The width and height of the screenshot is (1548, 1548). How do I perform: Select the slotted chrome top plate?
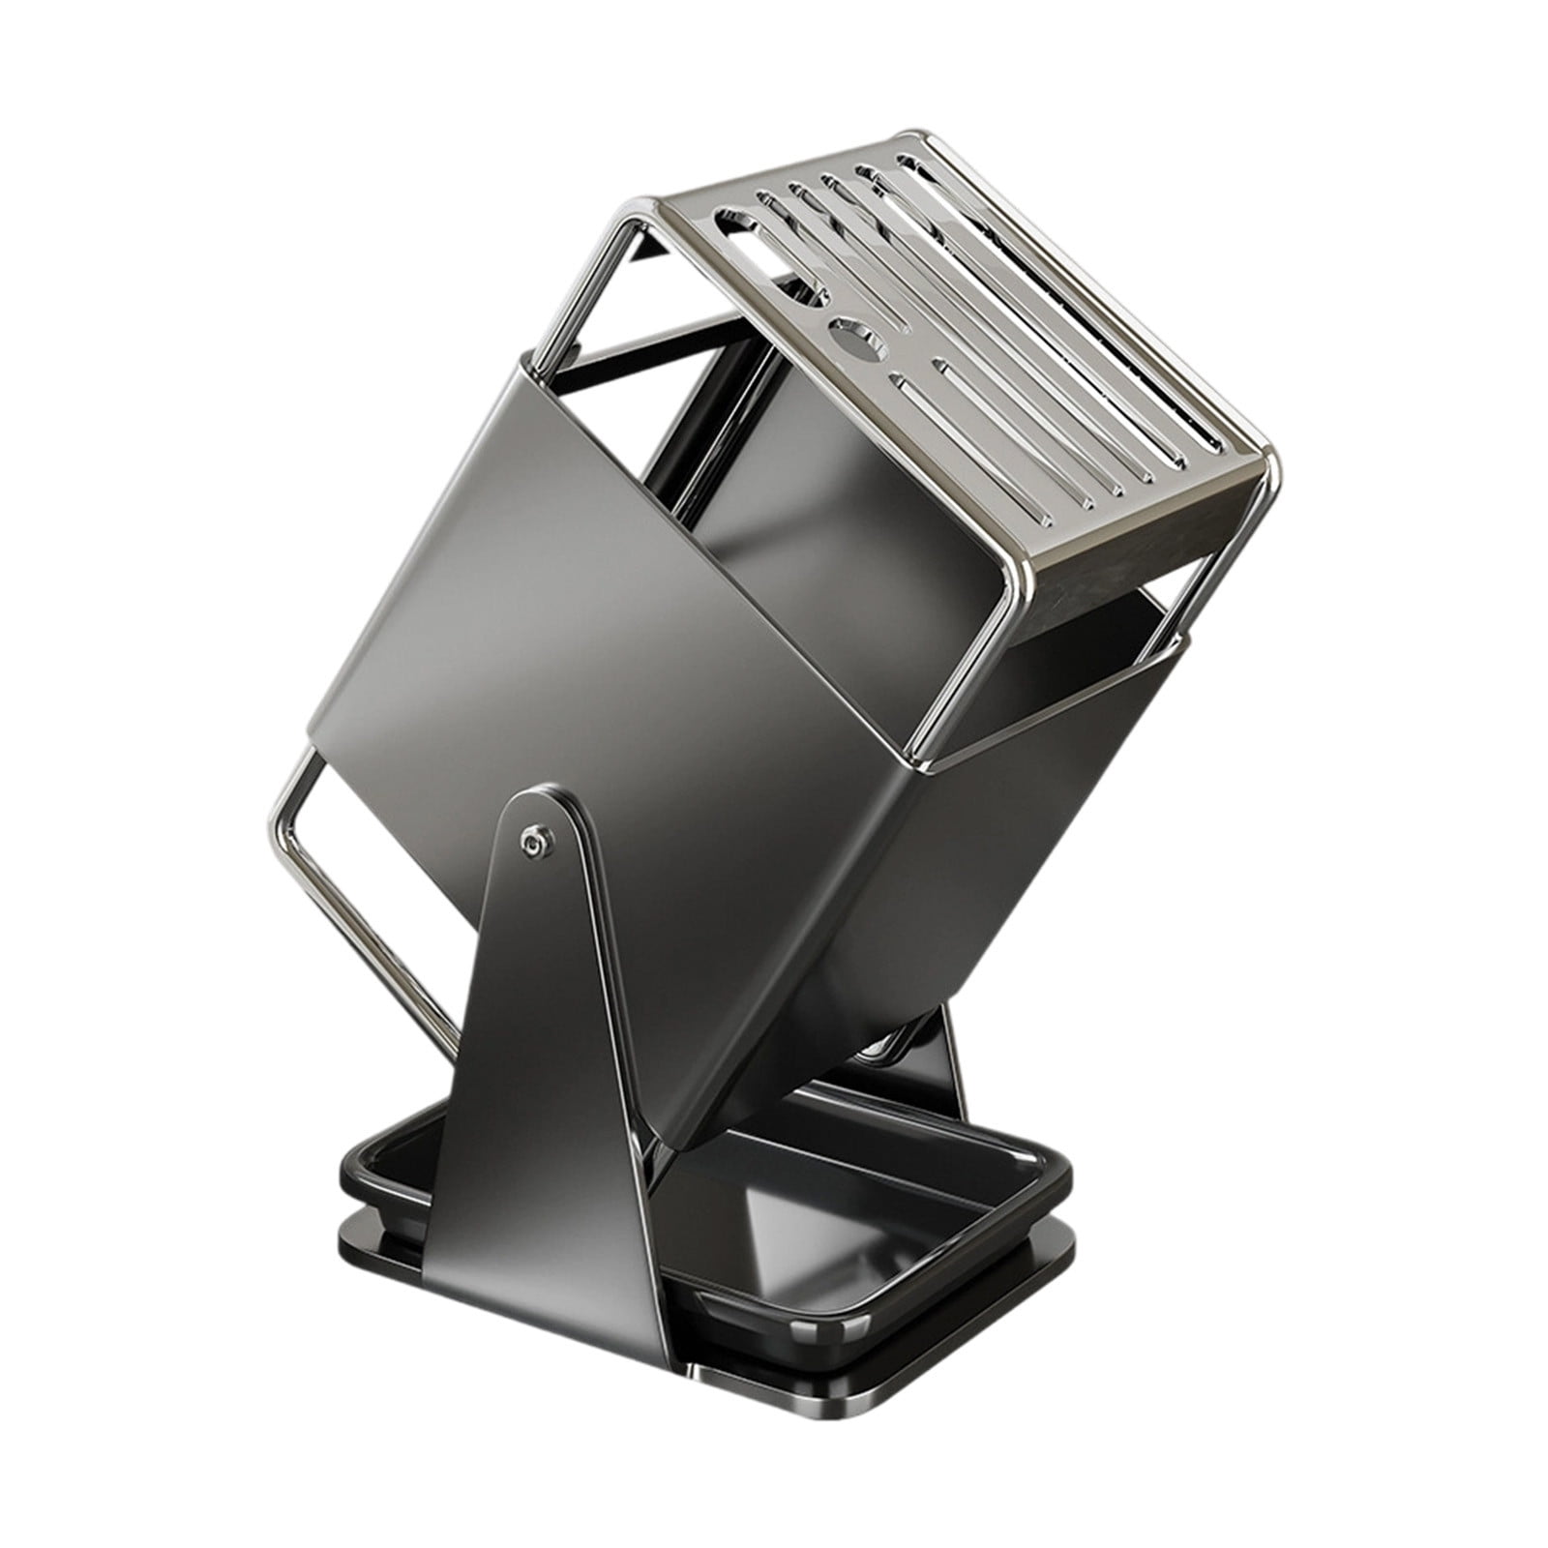coord(967,319)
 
